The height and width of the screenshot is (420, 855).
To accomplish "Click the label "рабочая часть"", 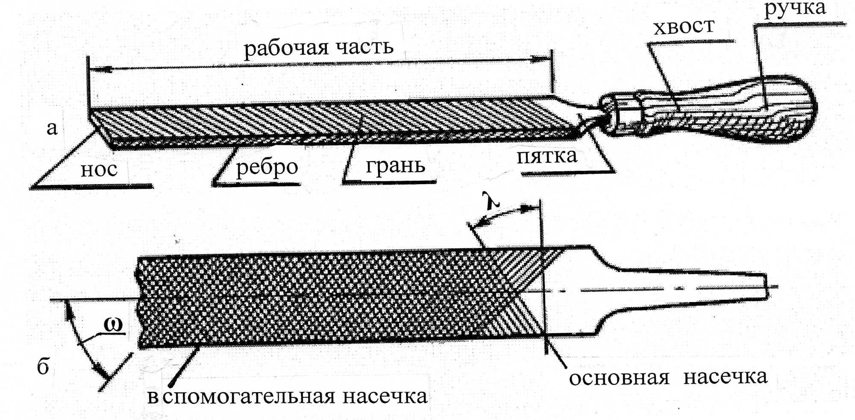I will pyautogui.click(x=318, y=48).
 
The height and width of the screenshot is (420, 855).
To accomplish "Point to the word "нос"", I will pyautogui.click(x=99, y=170).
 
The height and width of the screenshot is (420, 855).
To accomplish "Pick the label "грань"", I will pyautogui.click(x=395, y=166).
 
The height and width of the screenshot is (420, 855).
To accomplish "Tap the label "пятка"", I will pyautogui.click(x=547, y=156).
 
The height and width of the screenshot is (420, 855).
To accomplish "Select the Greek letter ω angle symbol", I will pyautogui.click(x=113, y=325).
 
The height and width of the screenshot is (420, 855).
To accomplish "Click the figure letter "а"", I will pyautogui.click(x=52, y=128).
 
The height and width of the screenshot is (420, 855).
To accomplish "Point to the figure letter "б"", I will pyautogui.click(x=43, y=367).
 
